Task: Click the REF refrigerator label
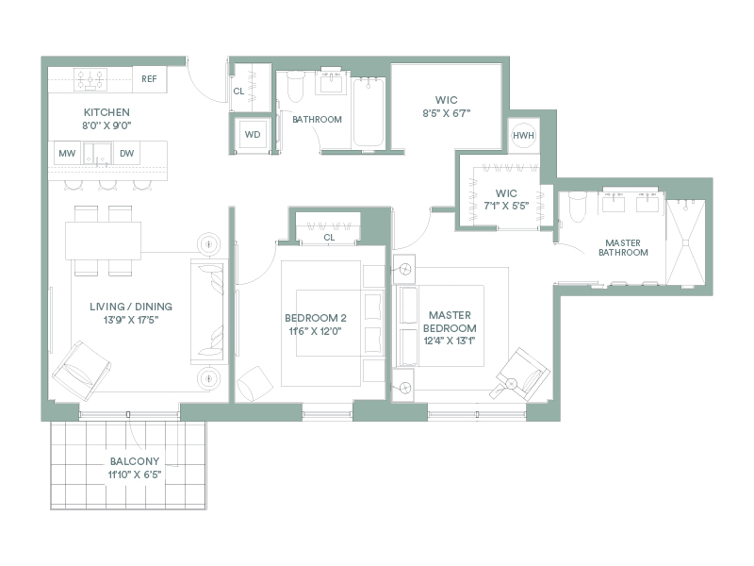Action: click(x=149, y=79)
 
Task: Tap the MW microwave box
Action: click(x=67, y=153)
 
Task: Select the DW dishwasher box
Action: click(x=126, y=153)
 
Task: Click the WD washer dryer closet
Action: click(x=253, y=134)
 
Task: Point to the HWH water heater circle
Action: click(x=523, y=136)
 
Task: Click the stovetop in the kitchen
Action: click(x=90, y=79)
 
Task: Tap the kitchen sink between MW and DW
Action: click(x=97, y=154)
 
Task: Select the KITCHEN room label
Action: click(x=107, y=112)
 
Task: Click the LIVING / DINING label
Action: click(x=131, y=307)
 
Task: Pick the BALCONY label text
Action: click(x=135, y=461)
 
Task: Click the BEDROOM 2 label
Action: click(x=316, y=318)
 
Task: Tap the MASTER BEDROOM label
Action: click(x=451, y=322)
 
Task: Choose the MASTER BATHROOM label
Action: click(x=623, y=247)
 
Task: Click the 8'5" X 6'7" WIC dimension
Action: click(x=446, y=113)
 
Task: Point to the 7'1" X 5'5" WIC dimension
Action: click(x=506, y=206)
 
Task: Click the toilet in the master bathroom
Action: click(x=577, y=207)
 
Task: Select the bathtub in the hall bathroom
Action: click(x=369, y=112)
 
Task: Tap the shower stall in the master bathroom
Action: click(x=686, y=242)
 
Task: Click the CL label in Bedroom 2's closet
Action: click(x=329, y=238)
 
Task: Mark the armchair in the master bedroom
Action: click(x=523, y=374)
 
